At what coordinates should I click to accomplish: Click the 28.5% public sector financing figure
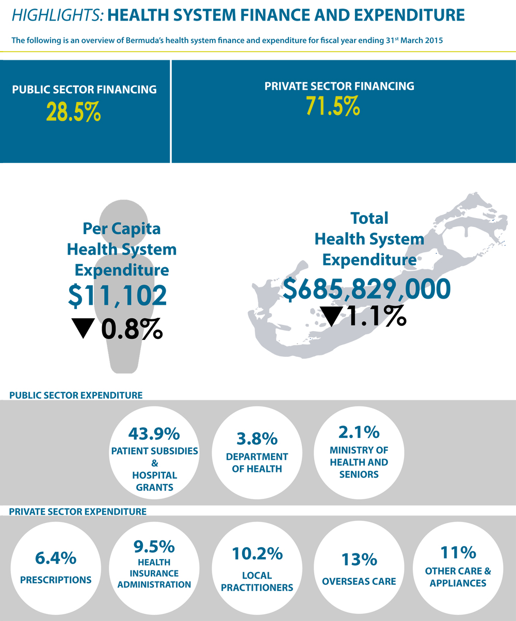click(73, 111)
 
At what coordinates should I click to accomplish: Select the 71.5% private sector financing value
click(332, 106)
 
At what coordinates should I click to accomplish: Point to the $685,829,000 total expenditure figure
click(366, 290)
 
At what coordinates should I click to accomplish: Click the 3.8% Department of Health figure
click(257, 439)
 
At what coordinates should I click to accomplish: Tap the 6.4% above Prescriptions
click(56, 558)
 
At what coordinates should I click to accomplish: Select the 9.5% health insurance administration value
click(154, 546)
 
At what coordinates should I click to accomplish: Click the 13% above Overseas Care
click(359, 560)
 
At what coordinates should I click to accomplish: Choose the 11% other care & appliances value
click(458, 552)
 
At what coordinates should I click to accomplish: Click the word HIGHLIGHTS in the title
click(57, 15)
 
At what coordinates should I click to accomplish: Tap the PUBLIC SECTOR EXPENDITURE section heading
click(76, 396)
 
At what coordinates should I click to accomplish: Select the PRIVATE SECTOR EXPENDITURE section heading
click(78, 512)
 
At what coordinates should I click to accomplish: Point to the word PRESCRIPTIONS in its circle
click(56, 580)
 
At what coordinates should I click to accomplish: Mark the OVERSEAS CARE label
click(359, 581)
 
